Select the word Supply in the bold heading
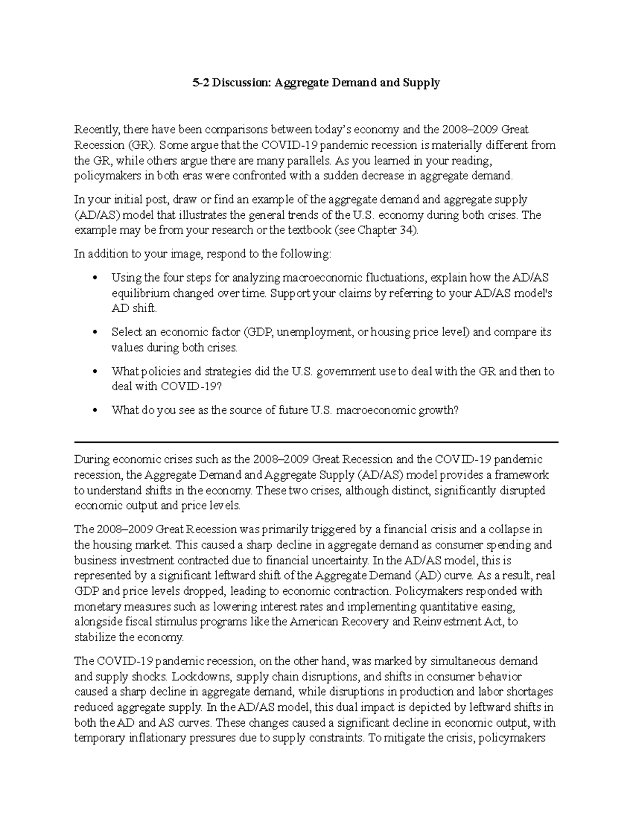(x=422, y=83)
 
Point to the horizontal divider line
(x=316, y=442)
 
